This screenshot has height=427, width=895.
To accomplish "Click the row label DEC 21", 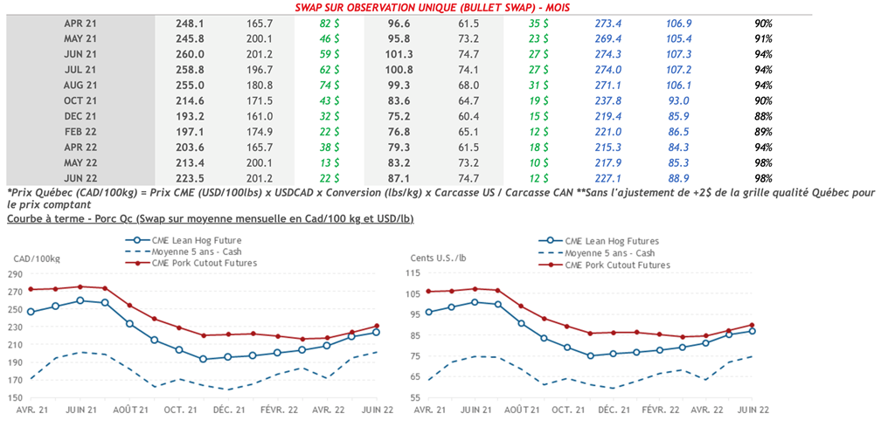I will pyautogui.click(x=79, y=115).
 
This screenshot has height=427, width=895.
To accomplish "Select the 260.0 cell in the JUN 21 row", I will pyautogui.click(x=191, y=53).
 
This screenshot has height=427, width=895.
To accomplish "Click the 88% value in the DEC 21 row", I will pyautogui.click(x=763, y=115).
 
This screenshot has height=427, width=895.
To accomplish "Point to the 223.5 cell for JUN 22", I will pyautogui.click(x=191, y=177).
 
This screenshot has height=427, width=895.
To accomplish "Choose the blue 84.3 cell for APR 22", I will pyautogui.click(x=679, y=146).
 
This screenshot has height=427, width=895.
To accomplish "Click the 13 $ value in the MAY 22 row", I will pyautogui.click(x=330, y=162).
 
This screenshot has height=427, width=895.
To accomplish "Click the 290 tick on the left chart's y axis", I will pyautogui.click(x=16, y=273).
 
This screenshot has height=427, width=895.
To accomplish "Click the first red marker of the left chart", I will pyautogui.click(x=31, y=289).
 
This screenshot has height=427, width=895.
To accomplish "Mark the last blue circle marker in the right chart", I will pyautogui.click(x=752, y=330).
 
